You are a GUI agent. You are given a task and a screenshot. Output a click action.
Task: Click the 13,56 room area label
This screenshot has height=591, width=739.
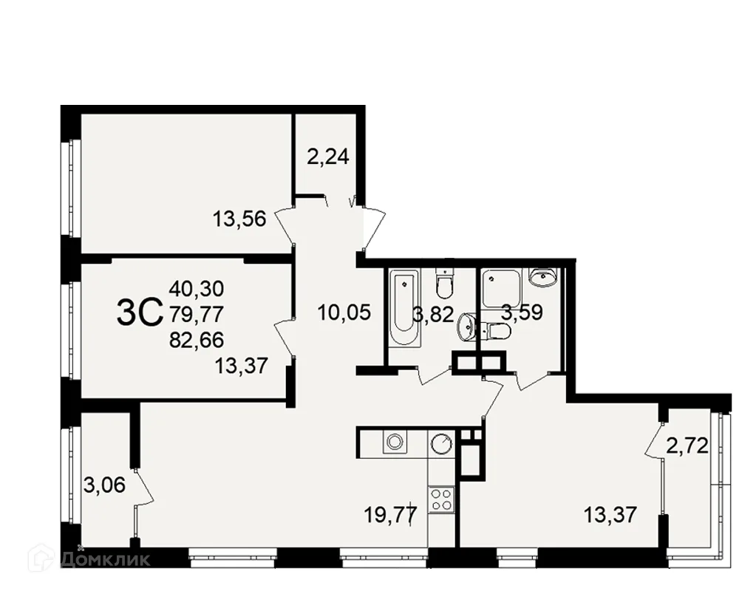(x=240, y=219)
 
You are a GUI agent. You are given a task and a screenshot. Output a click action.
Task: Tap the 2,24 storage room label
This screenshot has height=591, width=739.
(x=328, y=157)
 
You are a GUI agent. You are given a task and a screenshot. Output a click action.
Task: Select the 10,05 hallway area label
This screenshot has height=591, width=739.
(x=344, y=312)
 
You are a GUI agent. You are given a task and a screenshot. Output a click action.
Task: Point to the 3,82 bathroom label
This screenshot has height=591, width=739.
(x=433, y=314)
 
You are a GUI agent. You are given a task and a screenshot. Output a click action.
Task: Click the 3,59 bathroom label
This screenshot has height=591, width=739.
(x=522, y=312)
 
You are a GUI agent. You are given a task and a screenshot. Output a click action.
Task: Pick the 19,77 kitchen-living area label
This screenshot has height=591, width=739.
(x=391, y=514)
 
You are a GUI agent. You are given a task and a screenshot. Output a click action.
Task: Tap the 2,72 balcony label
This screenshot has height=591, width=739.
(x=687, y=445)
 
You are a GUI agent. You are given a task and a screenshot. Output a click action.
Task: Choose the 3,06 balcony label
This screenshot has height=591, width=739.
(x=105, y=485)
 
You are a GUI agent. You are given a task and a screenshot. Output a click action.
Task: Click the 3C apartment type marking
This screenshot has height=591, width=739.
(x=139, y=312)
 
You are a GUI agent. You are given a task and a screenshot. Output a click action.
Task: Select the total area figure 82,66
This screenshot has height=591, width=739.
(x=197, y=340)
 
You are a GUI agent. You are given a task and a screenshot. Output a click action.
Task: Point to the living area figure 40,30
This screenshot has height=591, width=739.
(x=197, y=288)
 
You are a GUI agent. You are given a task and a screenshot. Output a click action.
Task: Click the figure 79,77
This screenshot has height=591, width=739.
(x=197, y=315)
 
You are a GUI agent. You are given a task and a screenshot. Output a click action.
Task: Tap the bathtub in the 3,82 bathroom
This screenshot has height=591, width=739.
(x=405, y=308)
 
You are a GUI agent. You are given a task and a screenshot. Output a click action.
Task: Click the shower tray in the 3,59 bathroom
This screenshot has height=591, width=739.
(x=500, y=288)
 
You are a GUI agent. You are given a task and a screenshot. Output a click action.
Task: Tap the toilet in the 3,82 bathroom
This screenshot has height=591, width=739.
(x=444, y=284)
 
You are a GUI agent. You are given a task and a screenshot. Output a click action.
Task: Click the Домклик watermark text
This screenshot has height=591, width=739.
(x=105, y=559)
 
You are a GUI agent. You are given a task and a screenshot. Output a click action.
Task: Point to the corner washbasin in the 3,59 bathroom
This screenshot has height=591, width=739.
(x=545, y=278)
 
